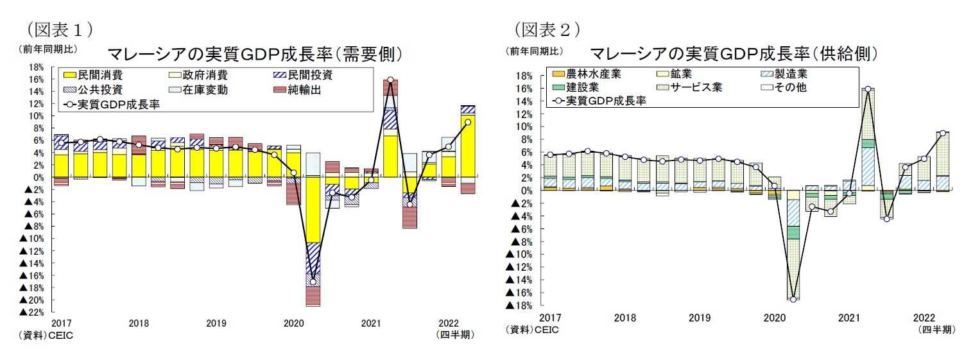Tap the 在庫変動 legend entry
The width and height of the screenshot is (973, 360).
tap(205, 90)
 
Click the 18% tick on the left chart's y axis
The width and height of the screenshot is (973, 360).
tap(35, 67)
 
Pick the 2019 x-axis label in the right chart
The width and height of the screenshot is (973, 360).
tap(700, 318)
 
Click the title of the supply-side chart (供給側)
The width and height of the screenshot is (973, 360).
tap(732, 53)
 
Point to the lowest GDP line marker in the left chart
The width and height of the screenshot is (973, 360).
tap(313, 282)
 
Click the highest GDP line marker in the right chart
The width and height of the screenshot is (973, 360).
tap(868, 89)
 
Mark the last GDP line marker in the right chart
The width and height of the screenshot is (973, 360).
tap(942, 133)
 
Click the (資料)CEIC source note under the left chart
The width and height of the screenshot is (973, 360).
tap(47, 335)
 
